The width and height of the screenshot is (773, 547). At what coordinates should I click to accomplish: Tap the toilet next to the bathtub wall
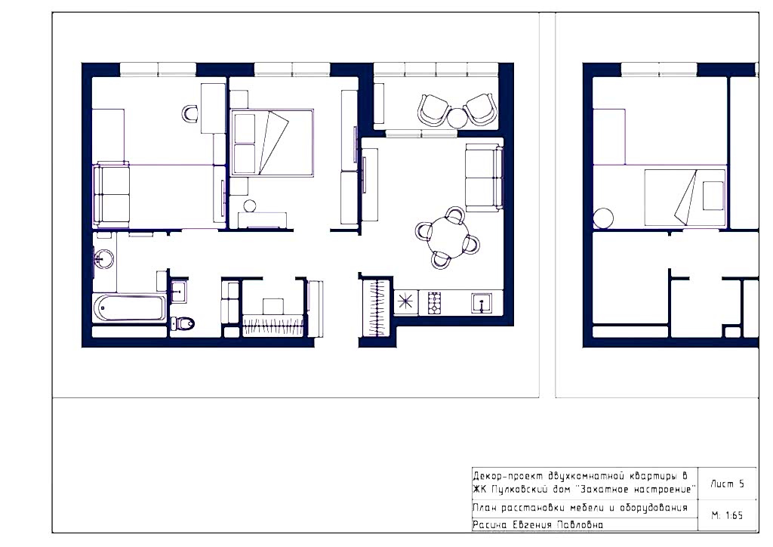tap(183, 323)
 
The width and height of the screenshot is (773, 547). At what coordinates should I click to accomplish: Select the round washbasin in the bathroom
tap(103, 258)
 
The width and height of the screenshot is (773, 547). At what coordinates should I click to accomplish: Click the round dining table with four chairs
tap(446, 238)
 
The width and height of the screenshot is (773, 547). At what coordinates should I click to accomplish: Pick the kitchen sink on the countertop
tap(481, 302)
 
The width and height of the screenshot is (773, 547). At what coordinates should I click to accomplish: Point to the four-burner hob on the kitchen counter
tap(434, 303)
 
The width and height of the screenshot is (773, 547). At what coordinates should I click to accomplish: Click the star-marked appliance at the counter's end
tap(405, 301)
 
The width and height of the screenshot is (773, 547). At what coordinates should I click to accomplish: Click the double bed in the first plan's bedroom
tap(272, 143)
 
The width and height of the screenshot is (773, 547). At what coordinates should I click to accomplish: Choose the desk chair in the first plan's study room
tap(190, 113)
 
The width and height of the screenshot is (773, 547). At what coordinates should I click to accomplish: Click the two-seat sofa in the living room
tap(484, 178)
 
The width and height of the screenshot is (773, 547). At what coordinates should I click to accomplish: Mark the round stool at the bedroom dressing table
tap(250, 206)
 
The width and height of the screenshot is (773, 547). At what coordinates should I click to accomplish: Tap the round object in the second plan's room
tap(603, 218)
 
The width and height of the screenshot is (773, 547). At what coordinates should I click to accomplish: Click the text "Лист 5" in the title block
tap(727, 484)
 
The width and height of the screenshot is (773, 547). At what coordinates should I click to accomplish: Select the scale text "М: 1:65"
tap(727, 515)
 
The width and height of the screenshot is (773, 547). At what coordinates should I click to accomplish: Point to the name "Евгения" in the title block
tap(531, 525)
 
